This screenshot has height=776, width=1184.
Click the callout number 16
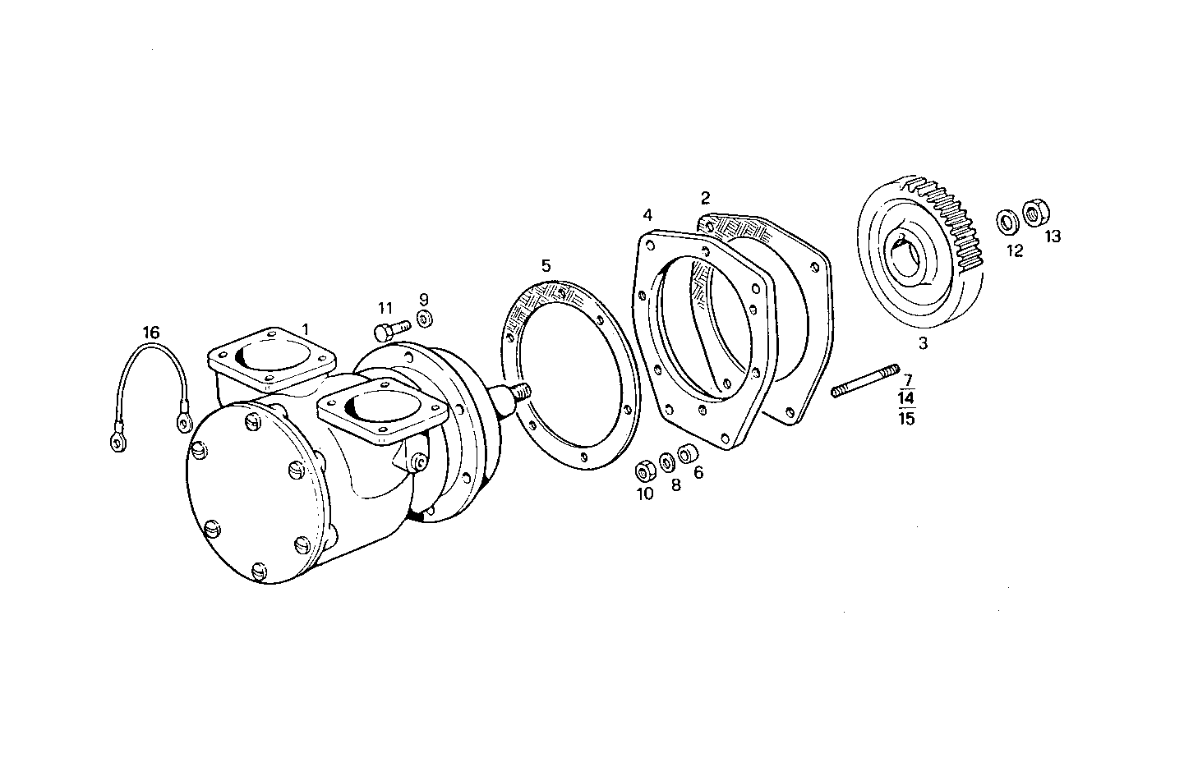(150, 333)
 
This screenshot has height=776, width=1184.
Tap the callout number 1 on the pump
(305, 328)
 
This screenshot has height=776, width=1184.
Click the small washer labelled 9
(424, 319)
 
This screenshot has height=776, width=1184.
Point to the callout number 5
(546, 266)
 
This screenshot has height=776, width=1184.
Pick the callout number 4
(647, 215)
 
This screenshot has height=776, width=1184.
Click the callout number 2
(705, 198)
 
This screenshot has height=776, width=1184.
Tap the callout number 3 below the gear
(923, 344)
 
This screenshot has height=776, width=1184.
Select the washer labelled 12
(1005, 221)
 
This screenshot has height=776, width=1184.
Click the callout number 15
(907, 418)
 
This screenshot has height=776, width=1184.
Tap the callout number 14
(907, 399)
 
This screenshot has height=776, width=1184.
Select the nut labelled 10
(645, 473)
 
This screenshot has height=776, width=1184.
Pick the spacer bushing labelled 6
(687, 454)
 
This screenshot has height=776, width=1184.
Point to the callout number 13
(1053, 236)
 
